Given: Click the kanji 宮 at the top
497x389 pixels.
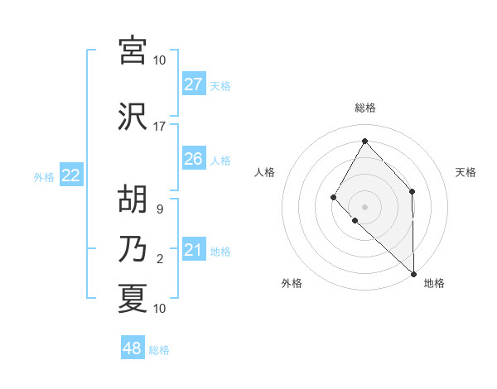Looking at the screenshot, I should click(133, 50).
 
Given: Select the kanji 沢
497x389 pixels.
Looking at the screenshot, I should click(133, 116).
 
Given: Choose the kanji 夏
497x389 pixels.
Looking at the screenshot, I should click(133, 298).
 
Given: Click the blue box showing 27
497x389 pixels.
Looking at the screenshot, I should click(193, 84).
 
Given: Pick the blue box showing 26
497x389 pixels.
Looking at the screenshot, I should click(193, 159).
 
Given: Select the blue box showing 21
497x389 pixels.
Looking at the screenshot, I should click(193, 250).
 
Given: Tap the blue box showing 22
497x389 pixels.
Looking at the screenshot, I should click(71, 175).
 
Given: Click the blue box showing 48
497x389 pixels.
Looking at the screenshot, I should click(133, 348).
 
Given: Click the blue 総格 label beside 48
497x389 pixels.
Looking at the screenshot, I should click(159, 350).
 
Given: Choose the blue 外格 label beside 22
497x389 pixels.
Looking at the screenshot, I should click(44, 176).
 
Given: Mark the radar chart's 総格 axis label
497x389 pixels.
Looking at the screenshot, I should click(364, 108).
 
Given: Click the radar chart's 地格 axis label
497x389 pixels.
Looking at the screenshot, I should click(434, 283).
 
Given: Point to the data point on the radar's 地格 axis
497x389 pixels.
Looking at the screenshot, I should click(413, 273).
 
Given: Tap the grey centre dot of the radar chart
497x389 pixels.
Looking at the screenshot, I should click(364, 206).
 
